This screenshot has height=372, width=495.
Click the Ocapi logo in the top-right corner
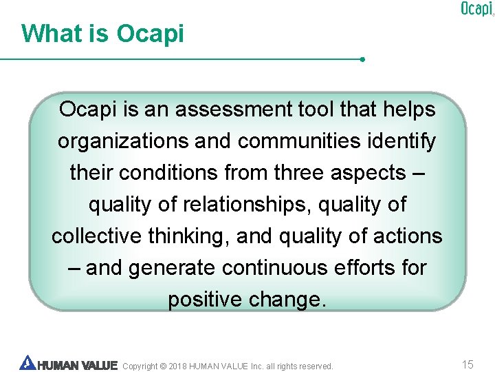pos(476,9)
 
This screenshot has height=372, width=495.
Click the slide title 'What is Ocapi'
pos(102,33)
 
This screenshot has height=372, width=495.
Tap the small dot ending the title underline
pos(362,59)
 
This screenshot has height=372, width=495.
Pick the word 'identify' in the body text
pos(406,141)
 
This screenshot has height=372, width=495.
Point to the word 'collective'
pos(95,236)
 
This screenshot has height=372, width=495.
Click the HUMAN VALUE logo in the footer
pos(69,364)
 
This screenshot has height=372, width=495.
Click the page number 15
pos(467,364)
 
